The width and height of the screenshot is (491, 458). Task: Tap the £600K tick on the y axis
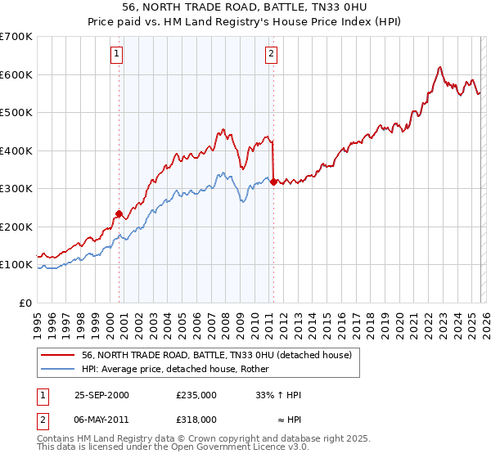point(16,74)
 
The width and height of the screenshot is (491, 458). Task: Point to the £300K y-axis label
point(16,188)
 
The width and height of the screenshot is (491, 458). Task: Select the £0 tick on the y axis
point(26,303)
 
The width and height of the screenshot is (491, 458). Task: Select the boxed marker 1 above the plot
point(117,55)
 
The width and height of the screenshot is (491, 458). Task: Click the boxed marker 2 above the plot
point(271,55)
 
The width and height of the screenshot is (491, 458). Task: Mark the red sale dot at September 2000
point(119,214)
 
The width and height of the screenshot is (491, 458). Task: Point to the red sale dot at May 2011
point(273,182)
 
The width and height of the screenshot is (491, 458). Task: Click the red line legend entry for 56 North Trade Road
point(217,355)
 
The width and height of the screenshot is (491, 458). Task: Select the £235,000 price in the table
point(196,395)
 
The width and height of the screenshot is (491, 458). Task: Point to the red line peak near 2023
point(440,67)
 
